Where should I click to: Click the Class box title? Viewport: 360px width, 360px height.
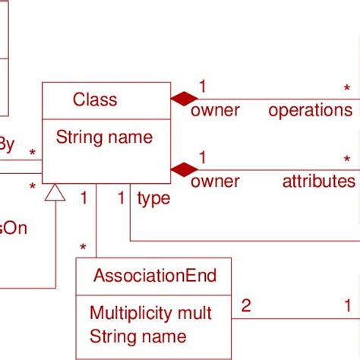(x=95, y=99)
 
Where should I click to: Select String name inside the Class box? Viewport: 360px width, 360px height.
(x=104, y=137)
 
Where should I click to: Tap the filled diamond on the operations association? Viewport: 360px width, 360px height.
(x=184, y=98)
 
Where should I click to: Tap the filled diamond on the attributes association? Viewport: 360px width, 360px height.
(x=184, y=169)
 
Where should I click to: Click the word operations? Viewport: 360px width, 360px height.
(x=310, y=111)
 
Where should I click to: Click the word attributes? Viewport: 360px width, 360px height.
(x=318, y=182)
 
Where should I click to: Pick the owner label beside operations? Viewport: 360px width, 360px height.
(x=215, y=111)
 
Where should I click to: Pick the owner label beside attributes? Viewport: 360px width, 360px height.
(x=215, y=182)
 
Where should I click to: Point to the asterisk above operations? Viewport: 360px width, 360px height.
(x=347, y=90)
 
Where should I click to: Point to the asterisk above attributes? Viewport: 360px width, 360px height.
(x=347, y=160)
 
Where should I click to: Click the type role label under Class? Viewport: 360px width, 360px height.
(x=153, y=199)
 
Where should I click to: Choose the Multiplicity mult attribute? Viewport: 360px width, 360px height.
(x=150, y=313)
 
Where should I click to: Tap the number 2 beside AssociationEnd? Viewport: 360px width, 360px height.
(x=245, y=307)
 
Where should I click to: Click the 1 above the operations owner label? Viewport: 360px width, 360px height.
(x=203, y=85)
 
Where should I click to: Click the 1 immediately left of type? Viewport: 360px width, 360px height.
(x=121, y=199)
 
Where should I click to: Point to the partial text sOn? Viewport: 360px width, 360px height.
(x=14, y=228)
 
